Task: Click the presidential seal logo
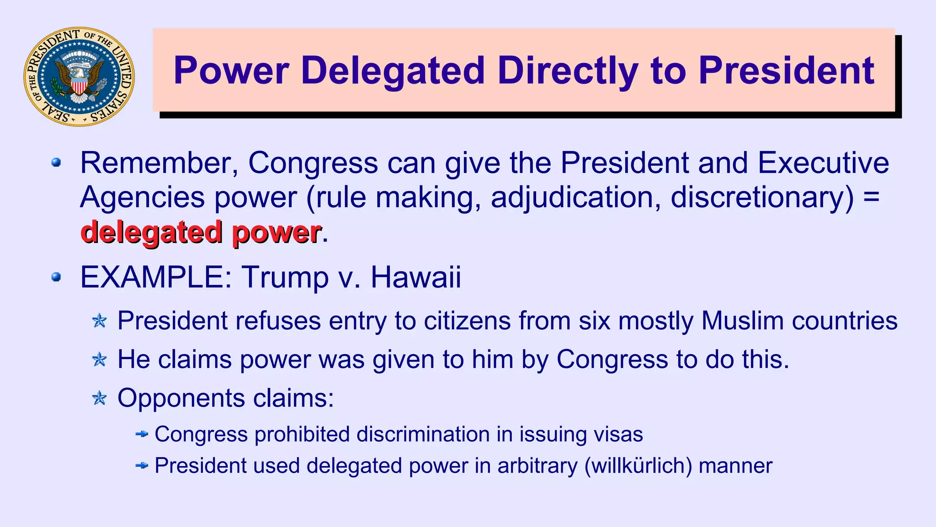[79, 76]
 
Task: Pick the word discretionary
[762, 197]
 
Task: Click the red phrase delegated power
[201, 232]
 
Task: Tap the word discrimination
[423, 434]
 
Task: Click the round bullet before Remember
[56, 163]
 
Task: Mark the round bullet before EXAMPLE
[56, 277]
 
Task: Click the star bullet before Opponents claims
[99, 398]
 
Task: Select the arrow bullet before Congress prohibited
[142, 434]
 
